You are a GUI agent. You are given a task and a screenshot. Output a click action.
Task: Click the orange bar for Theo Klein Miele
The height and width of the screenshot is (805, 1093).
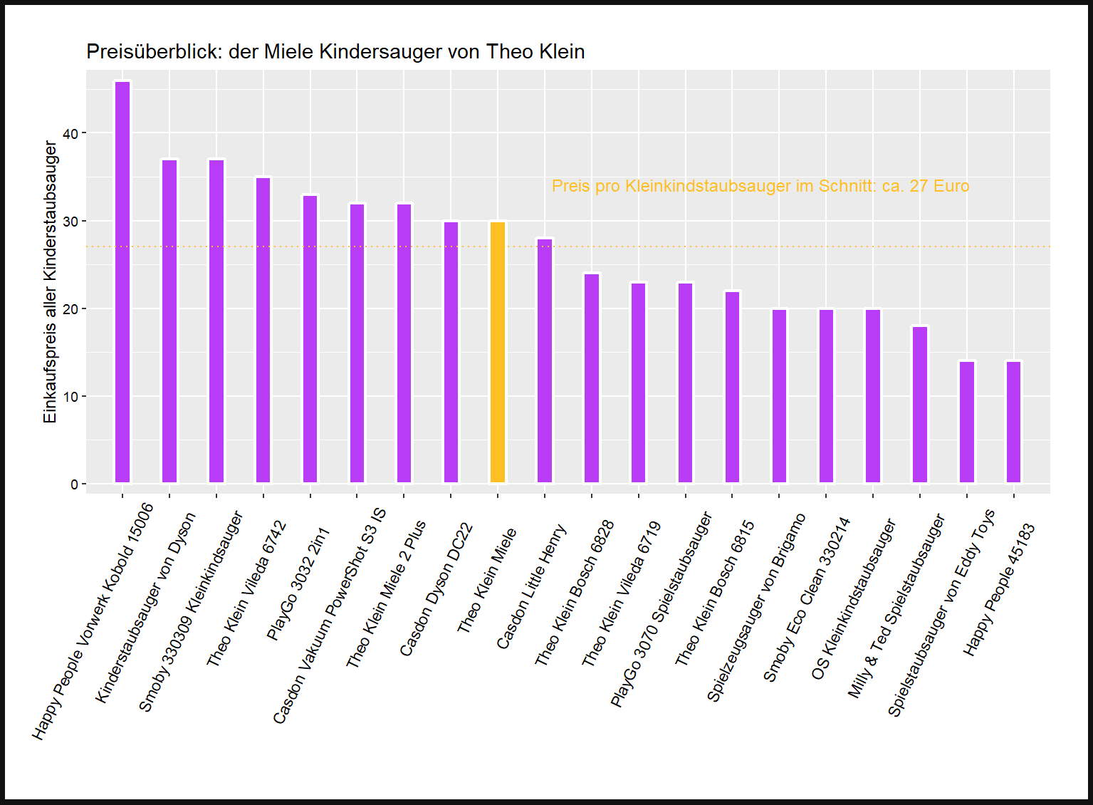(x=498, y=353)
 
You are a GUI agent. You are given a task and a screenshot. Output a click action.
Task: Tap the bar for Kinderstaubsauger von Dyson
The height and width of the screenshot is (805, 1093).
(x=169, y=322)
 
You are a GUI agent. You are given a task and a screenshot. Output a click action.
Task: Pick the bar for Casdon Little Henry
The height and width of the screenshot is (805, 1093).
(x=545, y=361)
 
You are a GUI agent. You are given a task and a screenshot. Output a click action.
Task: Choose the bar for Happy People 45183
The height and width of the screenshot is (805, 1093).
(x=1013, y=422)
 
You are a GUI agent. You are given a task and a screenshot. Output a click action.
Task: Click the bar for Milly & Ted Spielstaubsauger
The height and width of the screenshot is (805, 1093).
(x=920, y=405)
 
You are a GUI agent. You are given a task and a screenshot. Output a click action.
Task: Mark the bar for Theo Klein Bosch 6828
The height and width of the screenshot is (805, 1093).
(x=592, y=379)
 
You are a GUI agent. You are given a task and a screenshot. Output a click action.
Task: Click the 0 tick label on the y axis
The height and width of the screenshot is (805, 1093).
(x=74, y=484)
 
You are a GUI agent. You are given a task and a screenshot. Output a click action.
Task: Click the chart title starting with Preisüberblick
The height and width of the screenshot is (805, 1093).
(x=335, y=52)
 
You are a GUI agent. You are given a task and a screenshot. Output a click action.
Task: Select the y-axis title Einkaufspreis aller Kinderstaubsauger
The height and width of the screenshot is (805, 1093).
(x=50, y=282)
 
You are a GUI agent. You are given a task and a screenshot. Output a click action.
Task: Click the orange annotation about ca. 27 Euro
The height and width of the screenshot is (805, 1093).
(x=760, y=186)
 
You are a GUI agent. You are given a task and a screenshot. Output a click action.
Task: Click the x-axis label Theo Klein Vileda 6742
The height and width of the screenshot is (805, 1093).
(x=246, y=594)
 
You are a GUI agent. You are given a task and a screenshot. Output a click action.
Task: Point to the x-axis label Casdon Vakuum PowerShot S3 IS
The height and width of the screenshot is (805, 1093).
(x=329, y=617)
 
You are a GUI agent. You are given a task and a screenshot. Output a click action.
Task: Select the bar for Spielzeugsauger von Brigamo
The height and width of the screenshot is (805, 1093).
(x=779, y=397)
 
